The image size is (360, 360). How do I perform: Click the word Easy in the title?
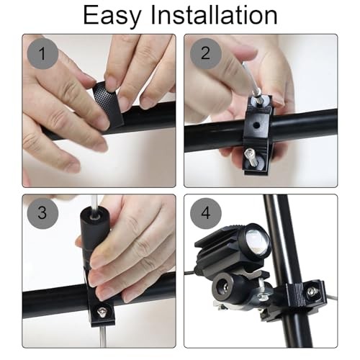pos(112,16)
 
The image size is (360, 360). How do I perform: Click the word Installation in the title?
pos(214,15)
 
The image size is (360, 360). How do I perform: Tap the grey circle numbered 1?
pos(42,53)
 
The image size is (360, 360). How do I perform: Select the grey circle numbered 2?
pos(206,53)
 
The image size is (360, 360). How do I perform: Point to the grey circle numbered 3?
pos(42,213)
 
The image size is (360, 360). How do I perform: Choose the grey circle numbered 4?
pos(206,213)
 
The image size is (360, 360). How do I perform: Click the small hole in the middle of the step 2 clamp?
pos(256,125)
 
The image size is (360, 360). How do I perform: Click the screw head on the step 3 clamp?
pos(102,312)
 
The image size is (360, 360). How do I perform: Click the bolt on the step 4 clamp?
pos(311,292)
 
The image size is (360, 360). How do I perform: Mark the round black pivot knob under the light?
pos(225,286)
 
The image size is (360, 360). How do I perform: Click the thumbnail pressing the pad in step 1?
pos(109,84)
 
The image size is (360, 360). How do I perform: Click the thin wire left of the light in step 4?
pos(192,273)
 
